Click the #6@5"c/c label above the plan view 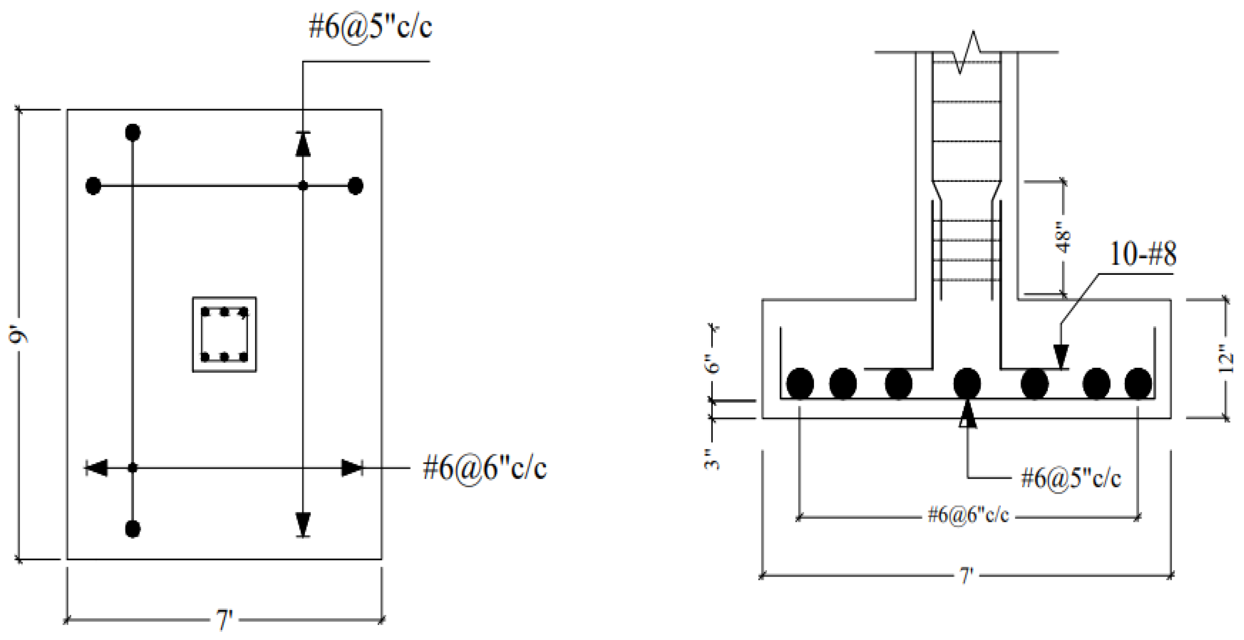coord(370,27)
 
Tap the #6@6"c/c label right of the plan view coord(484,468)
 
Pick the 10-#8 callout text coord(1143,254)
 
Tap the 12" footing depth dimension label coord(1226,358)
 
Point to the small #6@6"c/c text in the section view coord(968,515)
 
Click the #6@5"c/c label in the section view coord(1070,478)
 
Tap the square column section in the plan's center coord(224,334)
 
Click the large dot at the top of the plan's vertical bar coord(133,132)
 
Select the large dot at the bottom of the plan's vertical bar coord(133,529)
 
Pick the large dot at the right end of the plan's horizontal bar coord(355,186)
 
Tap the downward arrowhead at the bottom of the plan coord(303,523)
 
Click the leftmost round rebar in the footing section coord(800,384)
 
